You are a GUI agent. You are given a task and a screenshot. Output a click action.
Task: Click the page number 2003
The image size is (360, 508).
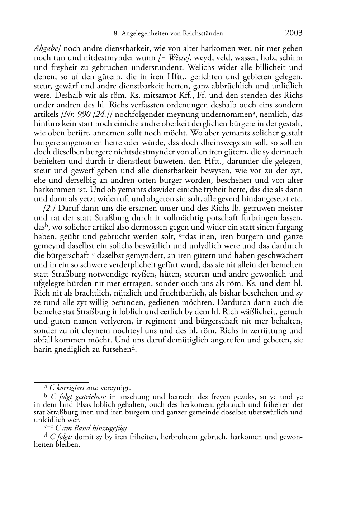pos(294,33)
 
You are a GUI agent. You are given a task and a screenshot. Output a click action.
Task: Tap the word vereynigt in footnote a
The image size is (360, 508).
pos(115,388)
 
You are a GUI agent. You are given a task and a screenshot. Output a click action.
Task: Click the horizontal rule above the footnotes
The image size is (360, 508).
pos(61,382)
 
